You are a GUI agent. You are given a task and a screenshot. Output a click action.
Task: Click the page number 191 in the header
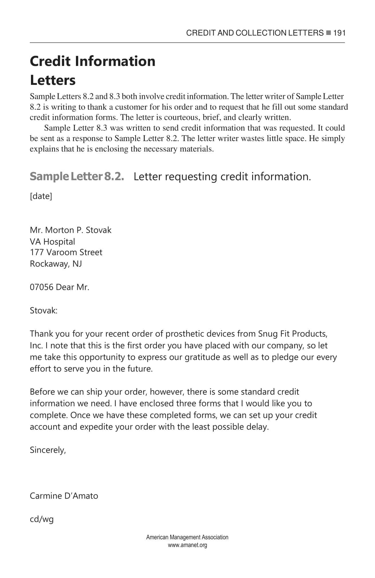click(339, 33)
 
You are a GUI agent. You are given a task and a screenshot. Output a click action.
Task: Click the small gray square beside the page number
click(329, 33)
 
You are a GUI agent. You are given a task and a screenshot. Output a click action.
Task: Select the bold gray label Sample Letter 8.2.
click(77, 176)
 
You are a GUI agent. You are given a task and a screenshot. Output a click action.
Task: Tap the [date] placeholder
click(41, 196)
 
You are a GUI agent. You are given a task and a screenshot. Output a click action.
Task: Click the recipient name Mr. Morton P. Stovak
click(70, 230)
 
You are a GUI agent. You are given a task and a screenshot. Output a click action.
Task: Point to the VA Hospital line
click(52, 241)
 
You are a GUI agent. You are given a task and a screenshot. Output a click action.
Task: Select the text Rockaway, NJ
click(56, 263)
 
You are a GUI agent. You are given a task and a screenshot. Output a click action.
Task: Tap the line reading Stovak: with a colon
click(44, 311)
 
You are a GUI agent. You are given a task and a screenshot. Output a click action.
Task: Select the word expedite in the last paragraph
click(96, 427)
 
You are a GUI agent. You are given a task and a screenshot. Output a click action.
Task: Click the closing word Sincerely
click(48, 450)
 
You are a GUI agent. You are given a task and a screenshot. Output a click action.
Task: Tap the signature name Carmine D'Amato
click(64, 496)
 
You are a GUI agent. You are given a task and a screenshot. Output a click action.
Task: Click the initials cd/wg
click(42, 519)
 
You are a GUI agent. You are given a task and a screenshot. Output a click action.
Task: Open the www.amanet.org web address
click(187, 545)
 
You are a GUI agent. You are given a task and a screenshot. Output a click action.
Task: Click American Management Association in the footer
click(187, 537)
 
